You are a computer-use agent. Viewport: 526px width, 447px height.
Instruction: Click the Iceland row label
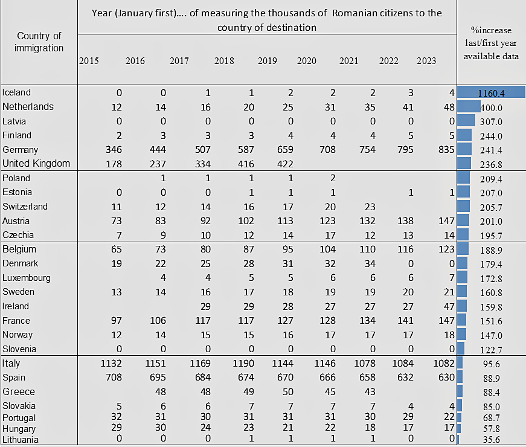[x=16, y=92]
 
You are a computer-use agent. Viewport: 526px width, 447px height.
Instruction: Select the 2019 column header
[x=268, y=61]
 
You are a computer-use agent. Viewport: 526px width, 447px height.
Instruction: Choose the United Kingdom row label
[x=36, y=164]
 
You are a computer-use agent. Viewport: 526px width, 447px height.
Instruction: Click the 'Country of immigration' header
[x=39, y=42]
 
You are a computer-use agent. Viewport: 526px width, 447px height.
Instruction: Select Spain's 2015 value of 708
[x=114, y=378]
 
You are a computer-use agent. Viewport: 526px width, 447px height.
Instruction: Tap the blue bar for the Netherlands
[x=469, y=107]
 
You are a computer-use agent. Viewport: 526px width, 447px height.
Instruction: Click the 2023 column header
[x=426, y=61]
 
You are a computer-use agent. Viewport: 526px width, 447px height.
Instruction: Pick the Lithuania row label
[x=21, y=440]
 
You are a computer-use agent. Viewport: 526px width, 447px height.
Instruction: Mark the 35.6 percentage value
[x=490, y=440]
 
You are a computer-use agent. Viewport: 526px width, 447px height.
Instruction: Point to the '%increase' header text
[x=491, y=30]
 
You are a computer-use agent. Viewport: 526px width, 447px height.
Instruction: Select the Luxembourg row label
[x=27, y=278]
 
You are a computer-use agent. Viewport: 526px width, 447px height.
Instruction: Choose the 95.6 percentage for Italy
[x=490, y=364]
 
